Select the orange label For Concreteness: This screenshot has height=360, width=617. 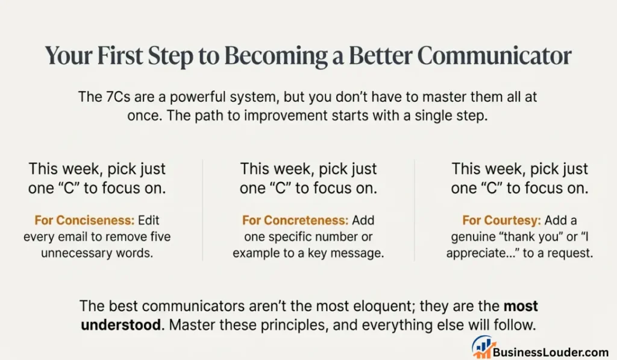pos(295,221)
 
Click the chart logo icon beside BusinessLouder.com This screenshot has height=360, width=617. pos(482,348)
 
